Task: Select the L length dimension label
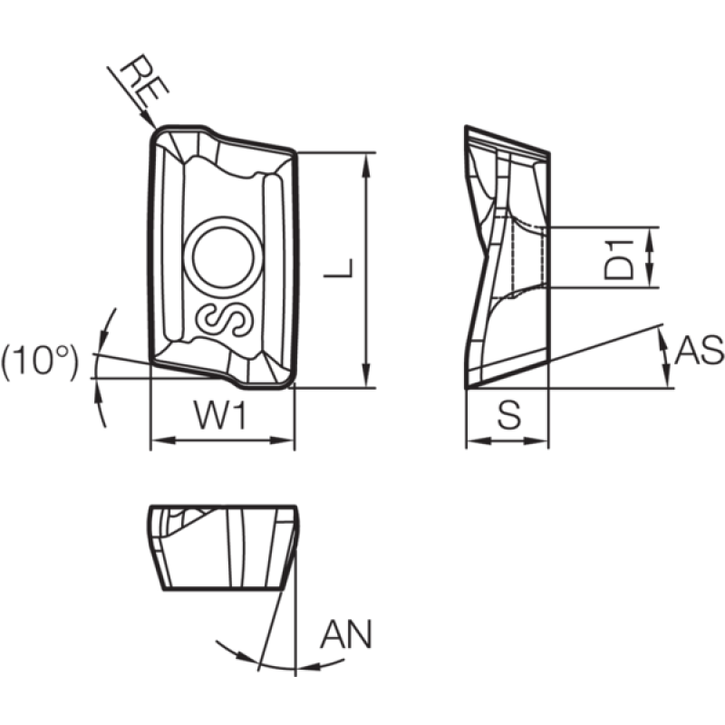tap(339, 268)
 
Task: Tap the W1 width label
tap(221, 415)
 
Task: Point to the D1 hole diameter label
tap(618, 259)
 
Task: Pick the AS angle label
tap(699, 350)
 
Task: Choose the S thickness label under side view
tap(509, 414)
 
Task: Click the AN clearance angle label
tap(346, 634)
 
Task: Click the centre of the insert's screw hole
tap(223, 257)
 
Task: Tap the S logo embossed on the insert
tap(224, 321)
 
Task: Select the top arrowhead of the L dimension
tap(367, 165)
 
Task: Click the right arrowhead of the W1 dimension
tap(282, 440)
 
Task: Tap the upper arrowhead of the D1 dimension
tap(651, 238)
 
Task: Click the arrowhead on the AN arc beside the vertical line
tap(308, 667)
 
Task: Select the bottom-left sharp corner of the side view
tap(466, 387)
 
